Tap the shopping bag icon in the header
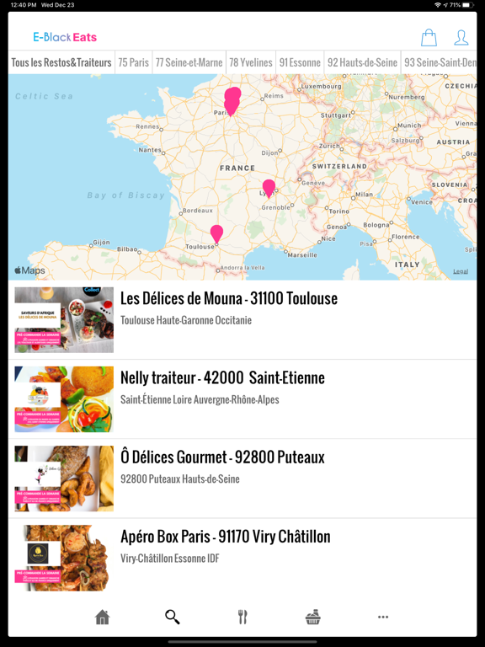tap(429, 37)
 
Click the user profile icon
tap(461, 37)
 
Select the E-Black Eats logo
tap(65, 37)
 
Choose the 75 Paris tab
tap(133, 62)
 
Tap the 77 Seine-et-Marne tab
tap(189, 62)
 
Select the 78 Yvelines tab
tap(251, 62)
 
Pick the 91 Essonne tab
tap(300, 62)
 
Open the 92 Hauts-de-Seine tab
tap(362, 62)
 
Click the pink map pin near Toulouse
tap(216, 233)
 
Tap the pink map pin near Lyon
tap(269, 187)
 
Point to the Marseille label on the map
tap(301, 254)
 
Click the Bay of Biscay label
tap(126, 195)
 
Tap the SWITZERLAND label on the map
tap(340, 167)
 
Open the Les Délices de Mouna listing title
tap(229, 298)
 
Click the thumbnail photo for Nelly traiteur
tap(64, 398)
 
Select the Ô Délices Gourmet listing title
tap(222, 457)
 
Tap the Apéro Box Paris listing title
tap(226, 537)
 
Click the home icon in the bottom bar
tap(103, 618)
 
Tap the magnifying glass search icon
tap(173, 618)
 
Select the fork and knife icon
tap(242, 618)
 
